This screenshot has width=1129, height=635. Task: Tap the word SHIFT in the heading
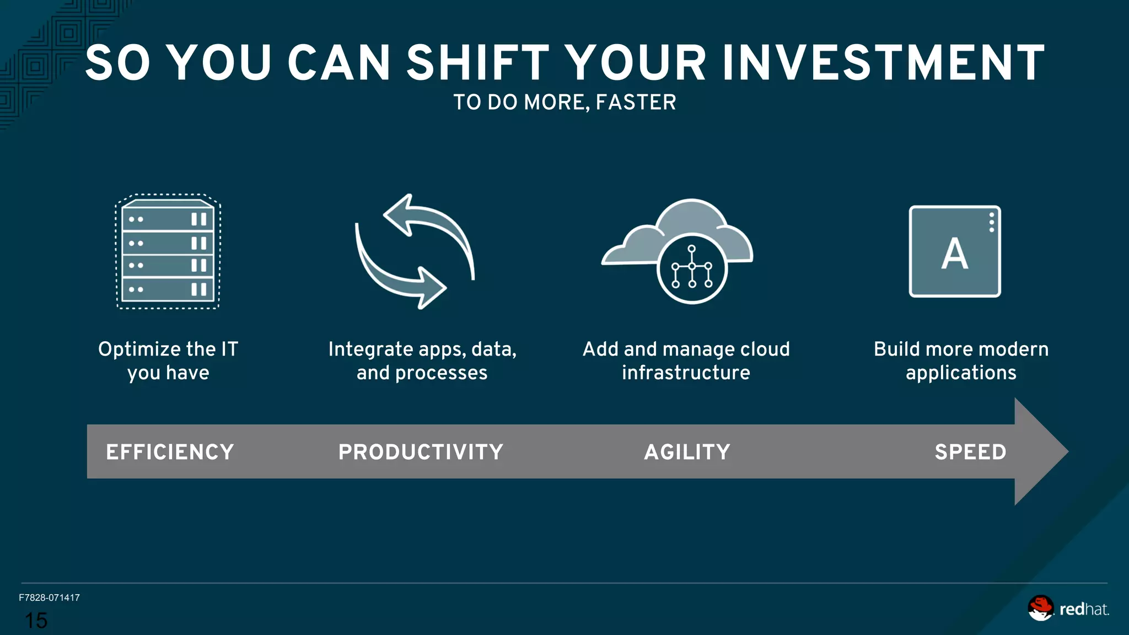478,63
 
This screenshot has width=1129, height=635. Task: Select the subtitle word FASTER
636,103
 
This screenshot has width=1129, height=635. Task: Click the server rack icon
168,251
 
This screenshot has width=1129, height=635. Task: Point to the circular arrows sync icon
415,251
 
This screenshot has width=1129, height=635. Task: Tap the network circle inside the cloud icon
692,268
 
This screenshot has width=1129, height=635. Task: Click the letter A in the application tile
954,254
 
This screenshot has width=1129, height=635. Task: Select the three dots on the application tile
991,222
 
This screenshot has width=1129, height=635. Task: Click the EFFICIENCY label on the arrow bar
170,452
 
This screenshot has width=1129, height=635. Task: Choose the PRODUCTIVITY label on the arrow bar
421,452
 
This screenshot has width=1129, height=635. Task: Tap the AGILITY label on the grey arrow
687,452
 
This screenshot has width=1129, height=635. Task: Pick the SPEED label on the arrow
970,452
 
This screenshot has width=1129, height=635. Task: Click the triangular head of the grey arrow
1039,451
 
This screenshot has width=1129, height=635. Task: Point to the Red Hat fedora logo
1040,608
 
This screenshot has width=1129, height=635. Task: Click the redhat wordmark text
1083,609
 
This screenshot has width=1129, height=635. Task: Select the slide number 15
36,621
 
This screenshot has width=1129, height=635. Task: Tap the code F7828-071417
49,598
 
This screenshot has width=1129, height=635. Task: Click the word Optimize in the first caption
139,349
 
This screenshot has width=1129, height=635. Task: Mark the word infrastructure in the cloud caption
686,373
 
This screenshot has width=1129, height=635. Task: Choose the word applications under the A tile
961,373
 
